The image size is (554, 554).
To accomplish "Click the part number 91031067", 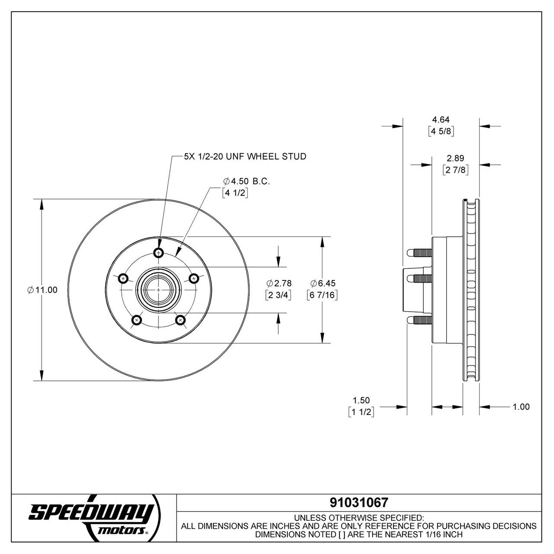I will coord(359,502).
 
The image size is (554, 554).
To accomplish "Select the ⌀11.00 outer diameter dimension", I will coord(42,290).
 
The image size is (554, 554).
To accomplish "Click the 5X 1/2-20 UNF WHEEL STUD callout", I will coord(245,156).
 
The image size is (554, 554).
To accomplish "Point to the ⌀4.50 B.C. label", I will coord(246,181).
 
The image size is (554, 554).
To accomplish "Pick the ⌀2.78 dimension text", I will coord(279,283).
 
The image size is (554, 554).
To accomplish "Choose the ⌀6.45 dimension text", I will coord(323,283).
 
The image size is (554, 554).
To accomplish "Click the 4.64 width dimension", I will coord(441,119).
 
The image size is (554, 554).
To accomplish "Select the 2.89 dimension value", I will coord(455,158).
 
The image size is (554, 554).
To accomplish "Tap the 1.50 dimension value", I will coord(361,400).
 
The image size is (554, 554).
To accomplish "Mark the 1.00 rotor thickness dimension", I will coord(521,407).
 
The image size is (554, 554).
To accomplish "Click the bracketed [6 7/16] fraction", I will coord(322,295).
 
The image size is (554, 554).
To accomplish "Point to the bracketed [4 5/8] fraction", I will coord(441,132).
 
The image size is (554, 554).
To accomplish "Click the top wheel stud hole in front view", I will coord(160,253).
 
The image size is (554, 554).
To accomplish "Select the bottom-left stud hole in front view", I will coord(137,320).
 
